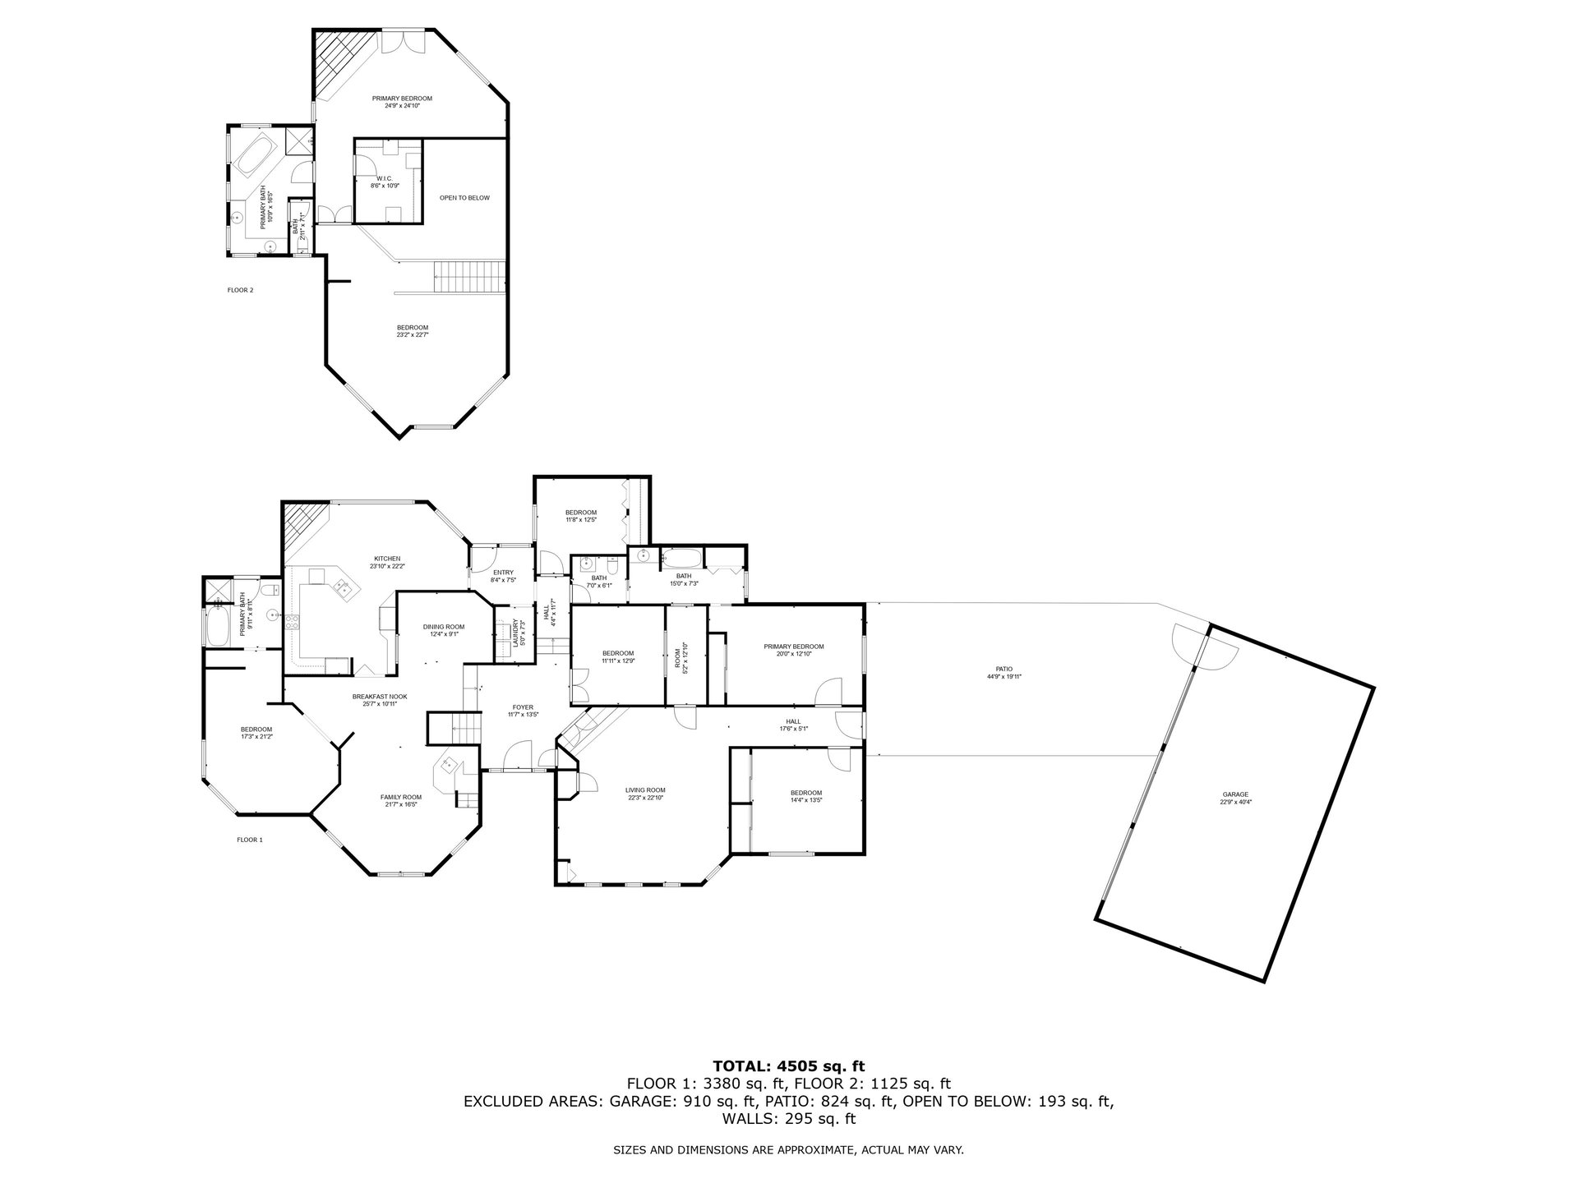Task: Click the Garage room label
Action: [1235, 798]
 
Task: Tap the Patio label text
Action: [1004, 672]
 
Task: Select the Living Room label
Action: [645, 794]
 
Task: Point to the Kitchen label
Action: [386, 562]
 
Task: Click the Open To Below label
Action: [464, 198]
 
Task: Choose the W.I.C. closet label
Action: [385, 182]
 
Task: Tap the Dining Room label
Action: [444, 630]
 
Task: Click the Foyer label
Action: [523, 711]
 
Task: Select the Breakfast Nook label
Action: [380, 700]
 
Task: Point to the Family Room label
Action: [401, 800]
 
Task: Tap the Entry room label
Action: [503, 576]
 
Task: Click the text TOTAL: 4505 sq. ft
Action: [788, 1067]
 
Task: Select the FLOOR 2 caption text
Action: [240, 290]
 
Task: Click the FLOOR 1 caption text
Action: [250, 840]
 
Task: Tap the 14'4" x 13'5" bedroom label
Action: [806, 796]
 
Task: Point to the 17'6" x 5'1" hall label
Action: [793, 725]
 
